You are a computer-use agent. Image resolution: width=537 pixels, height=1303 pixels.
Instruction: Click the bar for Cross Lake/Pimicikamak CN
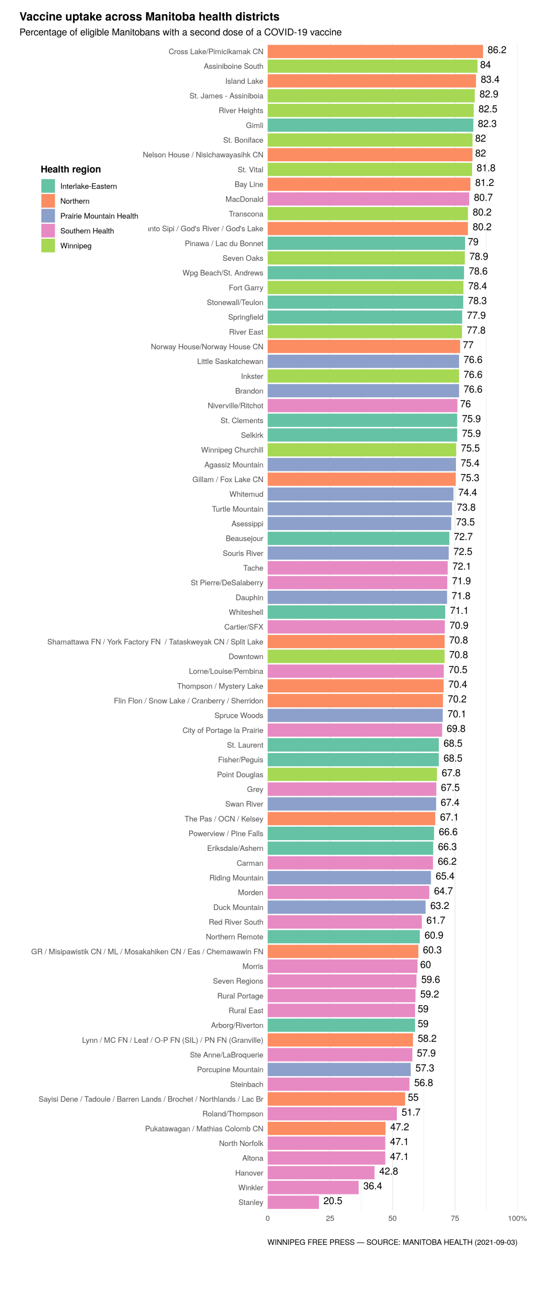click(375, 52)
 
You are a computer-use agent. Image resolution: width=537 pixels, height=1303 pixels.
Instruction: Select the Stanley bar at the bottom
click(293, 1202)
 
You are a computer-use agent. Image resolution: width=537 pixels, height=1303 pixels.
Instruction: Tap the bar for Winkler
click(313, 1187)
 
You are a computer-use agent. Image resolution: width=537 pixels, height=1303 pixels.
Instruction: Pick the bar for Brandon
click(363, 391)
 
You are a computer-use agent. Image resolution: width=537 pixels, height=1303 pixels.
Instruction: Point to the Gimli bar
click(370, 125)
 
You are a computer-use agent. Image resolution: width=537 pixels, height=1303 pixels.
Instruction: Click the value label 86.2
click(497, 51)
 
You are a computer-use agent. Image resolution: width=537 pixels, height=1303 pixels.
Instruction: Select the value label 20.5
click(332, 1201)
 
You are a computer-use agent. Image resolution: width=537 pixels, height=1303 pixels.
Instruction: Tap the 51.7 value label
click(411, 1112)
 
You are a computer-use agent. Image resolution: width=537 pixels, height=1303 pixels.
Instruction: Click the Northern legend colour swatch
click(48, 201)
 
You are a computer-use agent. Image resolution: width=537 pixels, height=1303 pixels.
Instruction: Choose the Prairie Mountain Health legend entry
click(99, 216)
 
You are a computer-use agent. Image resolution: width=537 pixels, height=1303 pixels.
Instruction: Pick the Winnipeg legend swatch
click(48, 246)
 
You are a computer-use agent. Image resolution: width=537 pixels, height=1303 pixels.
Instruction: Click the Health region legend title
click(71, 169)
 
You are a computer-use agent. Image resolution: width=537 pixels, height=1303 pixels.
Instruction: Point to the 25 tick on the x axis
click(330, 1219)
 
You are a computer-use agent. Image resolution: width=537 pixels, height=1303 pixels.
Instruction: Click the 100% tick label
click(517, 1219)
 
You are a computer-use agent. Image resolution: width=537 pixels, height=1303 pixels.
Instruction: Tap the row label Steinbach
click(246, 1084)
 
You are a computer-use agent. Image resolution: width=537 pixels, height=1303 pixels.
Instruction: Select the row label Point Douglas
click(240, 775)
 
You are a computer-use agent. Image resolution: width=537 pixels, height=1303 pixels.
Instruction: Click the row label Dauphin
click(249, 598)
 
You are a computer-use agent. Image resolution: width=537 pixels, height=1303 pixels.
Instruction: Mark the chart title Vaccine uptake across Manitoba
click(149, 17)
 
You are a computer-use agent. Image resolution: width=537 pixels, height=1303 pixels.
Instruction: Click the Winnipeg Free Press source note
click(392, 1242)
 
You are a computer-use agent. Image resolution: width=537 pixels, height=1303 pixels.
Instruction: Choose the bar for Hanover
click(321, 1172)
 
